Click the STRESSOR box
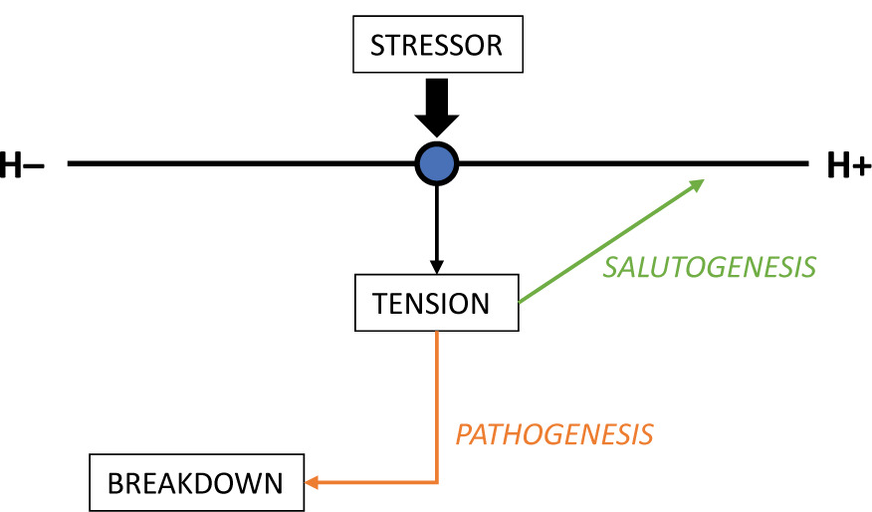coord(436,46)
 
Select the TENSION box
coord(436,303)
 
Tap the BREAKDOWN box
coord(195,483)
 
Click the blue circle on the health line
coord(436,162)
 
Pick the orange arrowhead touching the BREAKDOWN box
coord(311,483)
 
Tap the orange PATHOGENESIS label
coord(554,434)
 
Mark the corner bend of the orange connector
coord(437,483)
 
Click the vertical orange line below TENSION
coord(437,398)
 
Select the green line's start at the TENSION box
coord(523,299)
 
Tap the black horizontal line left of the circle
coord(239,162)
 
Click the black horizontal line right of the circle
coord(627,162)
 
